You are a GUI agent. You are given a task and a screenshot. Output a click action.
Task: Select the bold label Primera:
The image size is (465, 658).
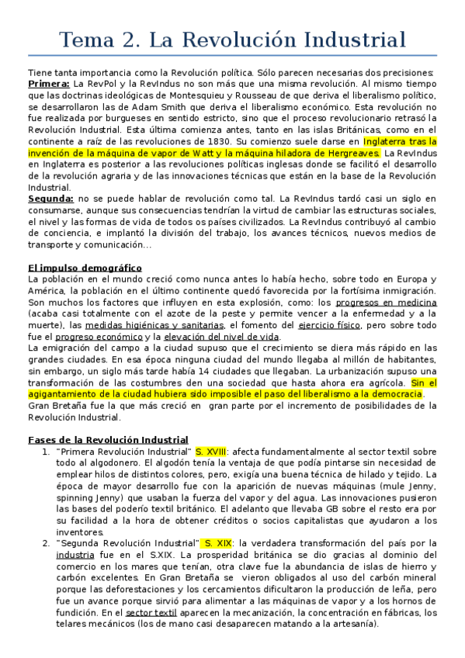click(x=48, y=83)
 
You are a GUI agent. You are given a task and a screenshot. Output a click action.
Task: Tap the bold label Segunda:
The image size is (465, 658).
click(x=51, y=199)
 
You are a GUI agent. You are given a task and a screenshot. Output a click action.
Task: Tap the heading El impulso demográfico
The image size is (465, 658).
click(x=84, y=268)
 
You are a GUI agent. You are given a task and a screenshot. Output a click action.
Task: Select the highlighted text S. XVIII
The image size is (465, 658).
click(x=211, y=451)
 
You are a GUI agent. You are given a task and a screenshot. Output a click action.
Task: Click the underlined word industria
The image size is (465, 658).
click(x=75, y=555)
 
